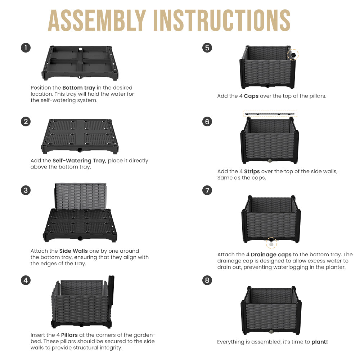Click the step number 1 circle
click(26, 48)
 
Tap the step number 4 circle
click(26, 280)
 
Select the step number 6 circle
click(207, 121)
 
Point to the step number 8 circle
click(207, 280)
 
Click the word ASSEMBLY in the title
click(97, 20)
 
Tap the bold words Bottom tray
click(79, 88)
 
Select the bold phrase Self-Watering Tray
click(80, 161)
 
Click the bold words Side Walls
click(73, 251)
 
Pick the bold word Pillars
click(69, 335)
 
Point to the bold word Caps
click(251, 96)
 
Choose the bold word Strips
click(252, 171)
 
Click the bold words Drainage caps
click(271, 255)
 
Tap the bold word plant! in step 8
click(320, 342)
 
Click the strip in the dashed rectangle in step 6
click(270, 114)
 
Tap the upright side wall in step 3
click(81, 196)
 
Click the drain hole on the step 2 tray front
click(80, 150)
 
